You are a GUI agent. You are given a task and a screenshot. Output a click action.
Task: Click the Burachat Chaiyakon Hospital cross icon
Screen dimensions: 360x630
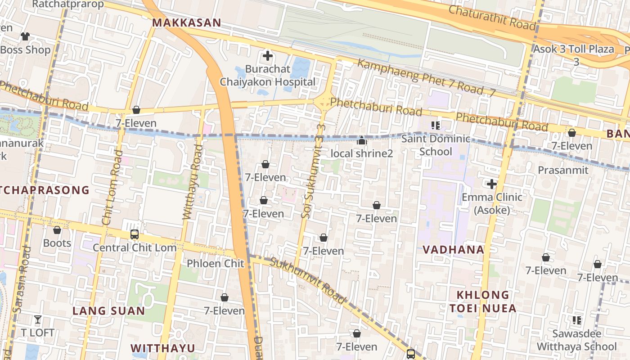point(268,56)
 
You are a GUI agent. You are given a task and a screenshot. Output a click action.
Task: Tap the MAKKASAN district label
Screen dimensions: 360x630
point(186,23)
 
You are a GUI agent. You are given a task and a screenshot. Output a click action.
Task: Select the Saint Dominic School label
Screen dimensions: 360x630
point(436,145)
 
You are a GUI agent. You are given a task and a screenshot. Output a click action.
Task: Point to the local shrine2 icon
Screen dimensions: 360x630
point(361,141)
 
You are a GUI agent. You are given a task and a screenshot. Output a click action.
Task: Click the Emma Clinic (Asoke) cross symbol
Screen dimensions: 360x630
point(492,184)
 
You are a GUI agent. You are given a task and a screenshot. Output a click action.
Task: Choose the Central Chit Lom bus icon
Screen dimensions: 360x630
point(134,234)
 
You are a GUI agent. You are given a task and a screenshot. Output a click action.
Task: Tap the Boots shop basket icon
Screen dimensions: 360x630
point(57,230)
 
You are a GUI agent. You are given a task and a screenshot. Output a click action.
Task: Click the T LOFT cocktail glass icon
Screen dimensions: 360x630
point(38,319)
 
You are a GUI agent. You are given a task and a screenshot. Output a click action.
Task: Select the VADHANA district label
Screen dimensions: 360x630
point(453,250)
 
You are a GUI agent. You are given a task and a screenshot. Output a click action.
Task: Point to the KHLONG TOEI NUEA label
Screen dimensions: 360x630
point(483,301)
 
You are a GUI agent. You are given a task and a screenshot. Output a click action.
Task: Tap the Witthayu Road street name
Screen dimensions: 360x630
point(192,182)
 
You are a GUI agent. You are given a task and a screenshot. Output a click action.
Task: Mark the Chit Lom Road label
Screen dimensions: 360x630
point(112,188)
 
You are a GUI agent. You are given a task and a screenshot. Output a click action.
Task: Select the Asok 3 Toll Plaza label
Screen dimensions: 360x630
point(574,49)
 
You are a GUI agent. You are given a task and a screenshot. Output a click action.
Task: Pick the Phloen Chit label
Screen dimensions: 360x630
point(215,263)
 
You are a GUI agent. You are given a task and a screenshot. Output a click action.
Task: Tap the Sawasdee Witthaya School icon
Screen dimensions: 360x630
point(576,320)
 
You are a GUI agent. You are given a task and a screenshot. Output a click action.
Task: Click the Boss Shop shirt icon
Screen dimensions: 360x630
point(25,36)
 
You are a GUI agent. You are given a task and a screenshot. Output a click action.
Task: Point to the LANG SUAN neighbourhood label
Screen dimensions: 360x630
point(109,311)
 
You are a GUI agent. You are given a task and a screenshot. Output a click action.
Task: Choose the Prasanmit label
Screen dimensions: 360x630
point(563,170)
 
